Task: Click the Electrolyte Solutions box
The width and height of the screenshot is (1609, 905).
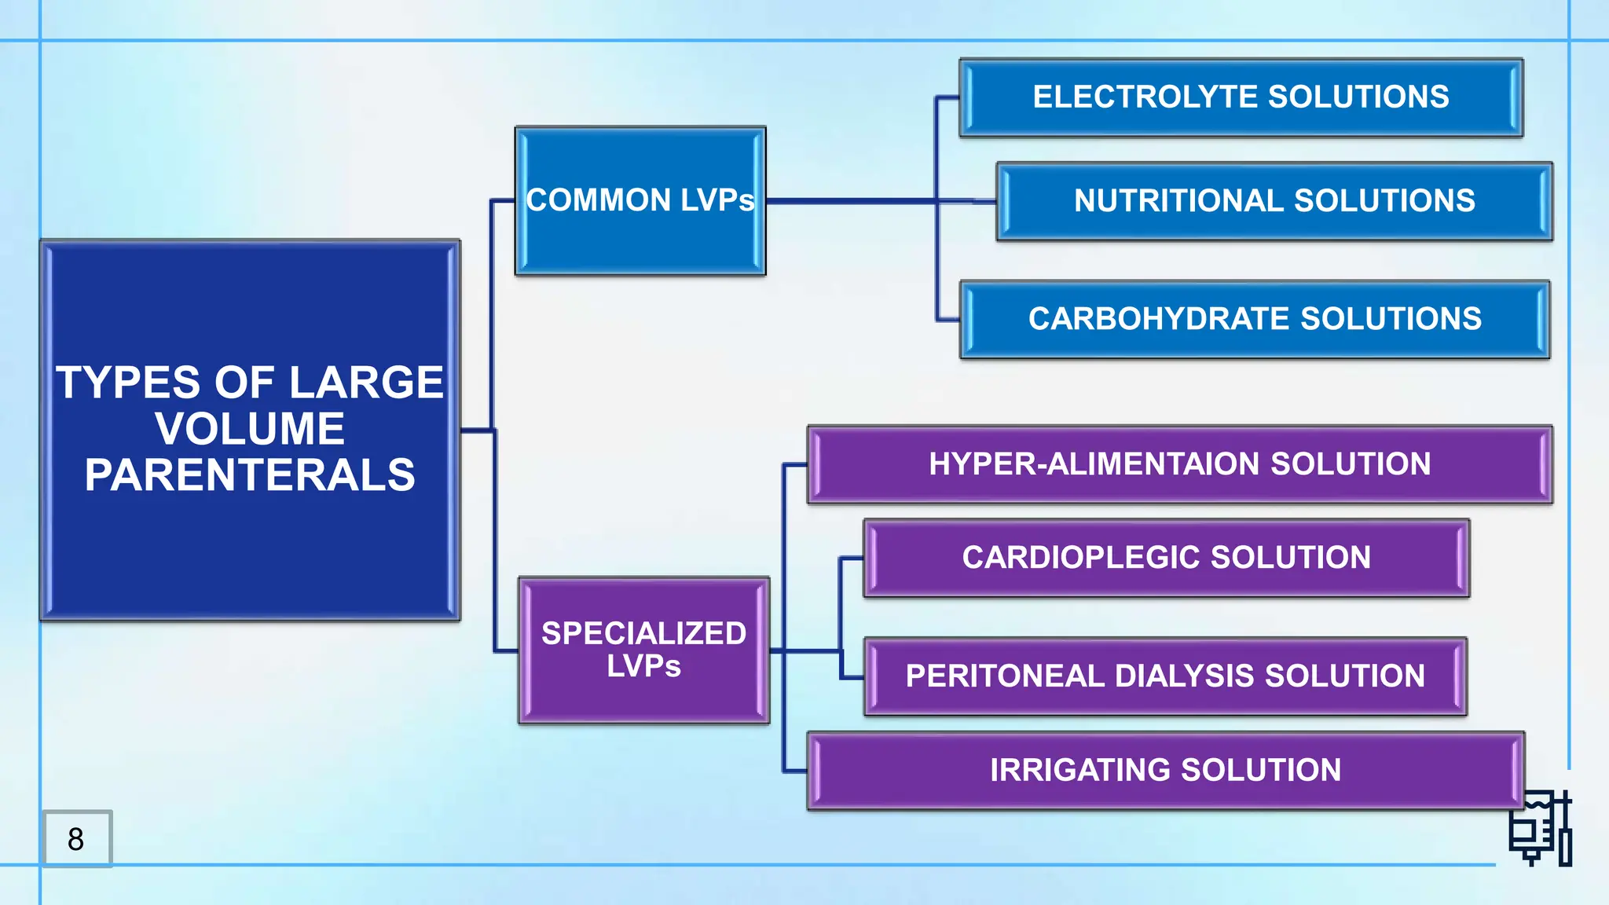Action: [x=1241, y=97]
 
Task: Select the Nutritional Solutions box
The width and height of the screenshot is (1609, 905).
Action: [x=1274, y=201]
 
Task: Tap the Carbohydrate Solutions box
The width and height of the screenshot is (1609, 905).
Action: [x=1255, y=319]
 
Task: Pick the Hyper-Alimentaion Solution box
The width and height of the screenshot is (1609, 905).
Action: [x=1179, y=464]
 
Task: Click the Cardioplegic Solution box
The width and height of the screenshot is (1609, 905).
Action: [x=1166, y=558]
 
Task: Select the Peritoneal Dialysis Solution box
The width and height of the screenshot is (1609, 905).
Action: [x=1165, y=676]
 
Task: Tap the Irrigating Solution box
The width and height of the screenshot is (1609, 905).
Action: [x=1165, y=770]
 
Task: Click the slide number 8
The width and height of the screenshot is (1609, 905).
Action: [x=76, y=839]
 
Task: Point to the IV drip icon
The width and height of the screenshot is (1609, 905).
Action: [x=1541, y=829]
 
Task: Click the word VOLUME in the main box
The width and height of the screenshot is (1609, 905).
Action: [x=250, y=429]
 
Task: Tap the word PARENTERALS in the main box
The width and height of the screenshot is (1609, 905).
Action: [x=250, y=475]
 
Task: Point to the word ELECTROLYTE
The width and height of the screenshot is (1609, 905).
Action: [x=1145, y=97]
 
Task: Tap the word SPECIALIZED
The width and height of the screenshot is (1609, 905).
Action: [x=643, y=633]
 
